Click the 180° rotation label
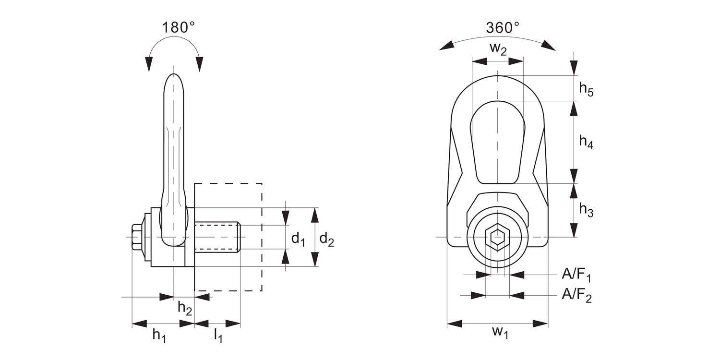(178, 28)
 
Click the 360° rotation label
(502, 28)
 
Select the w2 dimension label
(498, 49)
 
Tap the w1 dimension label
(500, 332)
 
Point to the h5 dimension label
(586, 89)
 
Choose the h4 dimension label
(586, 142)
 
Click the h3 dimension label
(586, 210)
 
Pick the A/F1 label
(576, 275)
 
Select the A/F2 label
(576, 295)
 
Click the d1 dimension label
(299, 239)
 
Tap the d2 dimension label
(326, 239)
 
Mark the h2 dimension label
(185, 308)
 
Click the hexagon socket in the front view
(497, 237)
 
